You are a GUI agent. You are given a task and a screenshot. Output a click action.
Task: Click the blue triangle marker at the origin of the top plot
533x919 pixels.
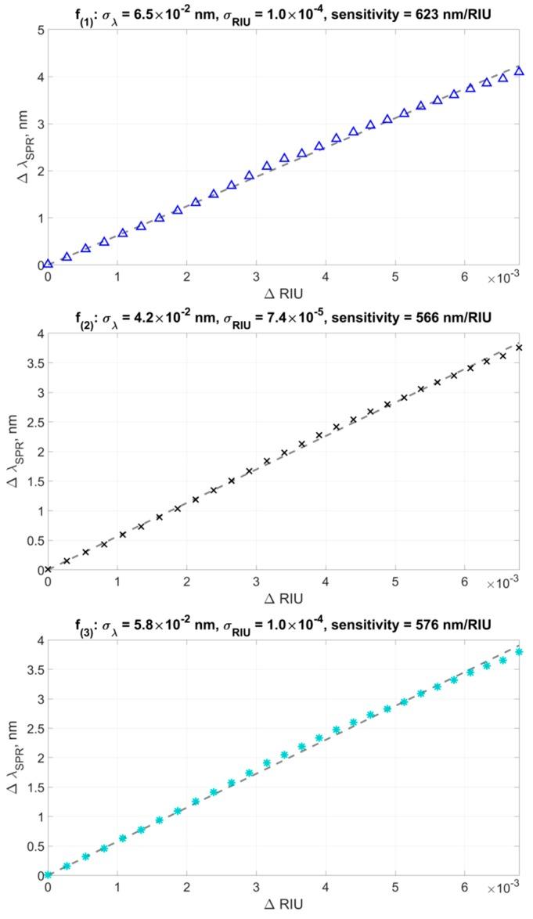point(49,264)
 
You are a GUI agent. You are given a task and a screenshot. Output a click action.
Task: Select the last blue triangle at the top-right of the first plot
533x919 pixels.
point(519,71)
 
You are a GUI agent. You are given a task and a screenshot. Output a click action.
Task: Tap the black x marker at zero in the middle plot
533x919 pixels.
point(49,569)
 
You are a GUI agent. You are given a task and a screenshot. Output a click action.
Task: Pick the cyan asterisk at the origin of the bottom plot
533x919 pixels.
point(49,874)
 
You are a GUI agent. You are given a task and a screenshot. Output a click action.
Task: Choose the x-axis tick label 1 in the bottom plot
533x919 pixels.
point(117,887)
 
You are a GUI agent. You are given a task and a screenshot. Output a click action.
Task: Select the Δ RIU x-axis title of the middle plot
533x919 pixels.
point(283,598)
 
